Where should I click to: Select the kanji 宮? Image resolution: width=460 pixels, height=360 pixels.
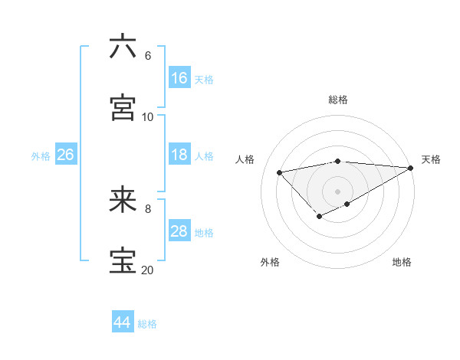[123, 107]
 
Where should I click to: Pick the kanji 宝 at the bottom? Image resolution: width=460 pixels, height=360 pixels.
[123, 260]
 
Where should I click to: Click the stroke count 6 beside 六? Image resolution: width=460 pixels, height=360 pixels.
[147, 56]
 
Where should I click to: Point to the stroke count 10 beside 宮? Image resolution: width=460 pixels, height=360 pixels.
[148, 117]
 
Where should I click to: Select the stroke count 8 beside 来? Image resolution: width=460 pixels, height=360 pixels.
[147, 208]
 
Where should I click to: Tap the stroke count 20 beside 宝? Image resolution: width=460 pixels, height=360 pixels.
[148, 270]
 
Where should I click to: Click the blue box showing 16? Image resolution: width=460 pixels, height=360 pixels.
[179, 78]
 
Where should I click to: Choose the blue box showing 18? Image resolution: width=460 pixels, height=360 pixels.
[179, 155]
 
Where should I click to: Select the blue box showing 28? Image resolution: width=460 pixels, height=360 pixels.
[179, 231]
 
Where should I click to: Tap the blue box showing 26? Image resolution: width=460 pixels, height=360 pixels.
[65, 155]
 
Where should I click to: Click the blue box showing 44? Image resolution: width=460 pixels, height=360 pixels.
[122, 322]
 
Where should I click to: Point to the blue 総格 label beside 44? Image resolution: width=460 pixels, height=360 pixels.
[147, 324]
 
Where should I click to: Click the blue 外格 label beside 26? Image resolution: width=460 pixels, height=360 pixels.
[41, 156]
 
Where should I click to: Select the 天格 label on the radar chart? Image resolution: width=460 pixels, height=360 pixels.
[431, 159]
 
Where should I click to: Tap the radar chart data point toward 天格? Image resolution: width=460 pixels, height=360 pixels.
[411, 168]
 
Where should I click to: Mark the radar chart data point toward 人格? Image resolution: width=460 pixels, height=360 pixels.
[280, 172]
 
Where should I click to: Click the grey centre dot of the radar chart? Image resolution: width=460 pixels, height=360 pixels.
[337, 191]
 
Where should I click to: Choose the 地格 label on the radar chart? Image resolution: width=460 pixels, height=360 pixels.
[402, 262]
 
